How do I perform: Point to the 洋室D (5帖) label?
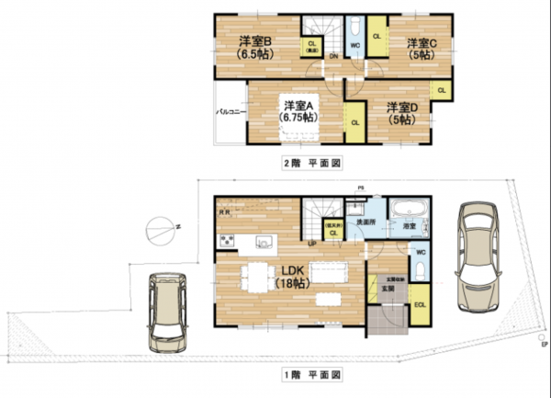coord(401,112)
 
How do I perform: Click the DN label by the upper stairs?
coord(332,56)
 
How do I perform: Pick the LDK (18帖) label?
coord(292,277)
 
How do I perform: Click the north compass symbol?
coord(160,226)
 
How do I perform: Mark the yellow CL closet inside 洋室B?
coord(312,48)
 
